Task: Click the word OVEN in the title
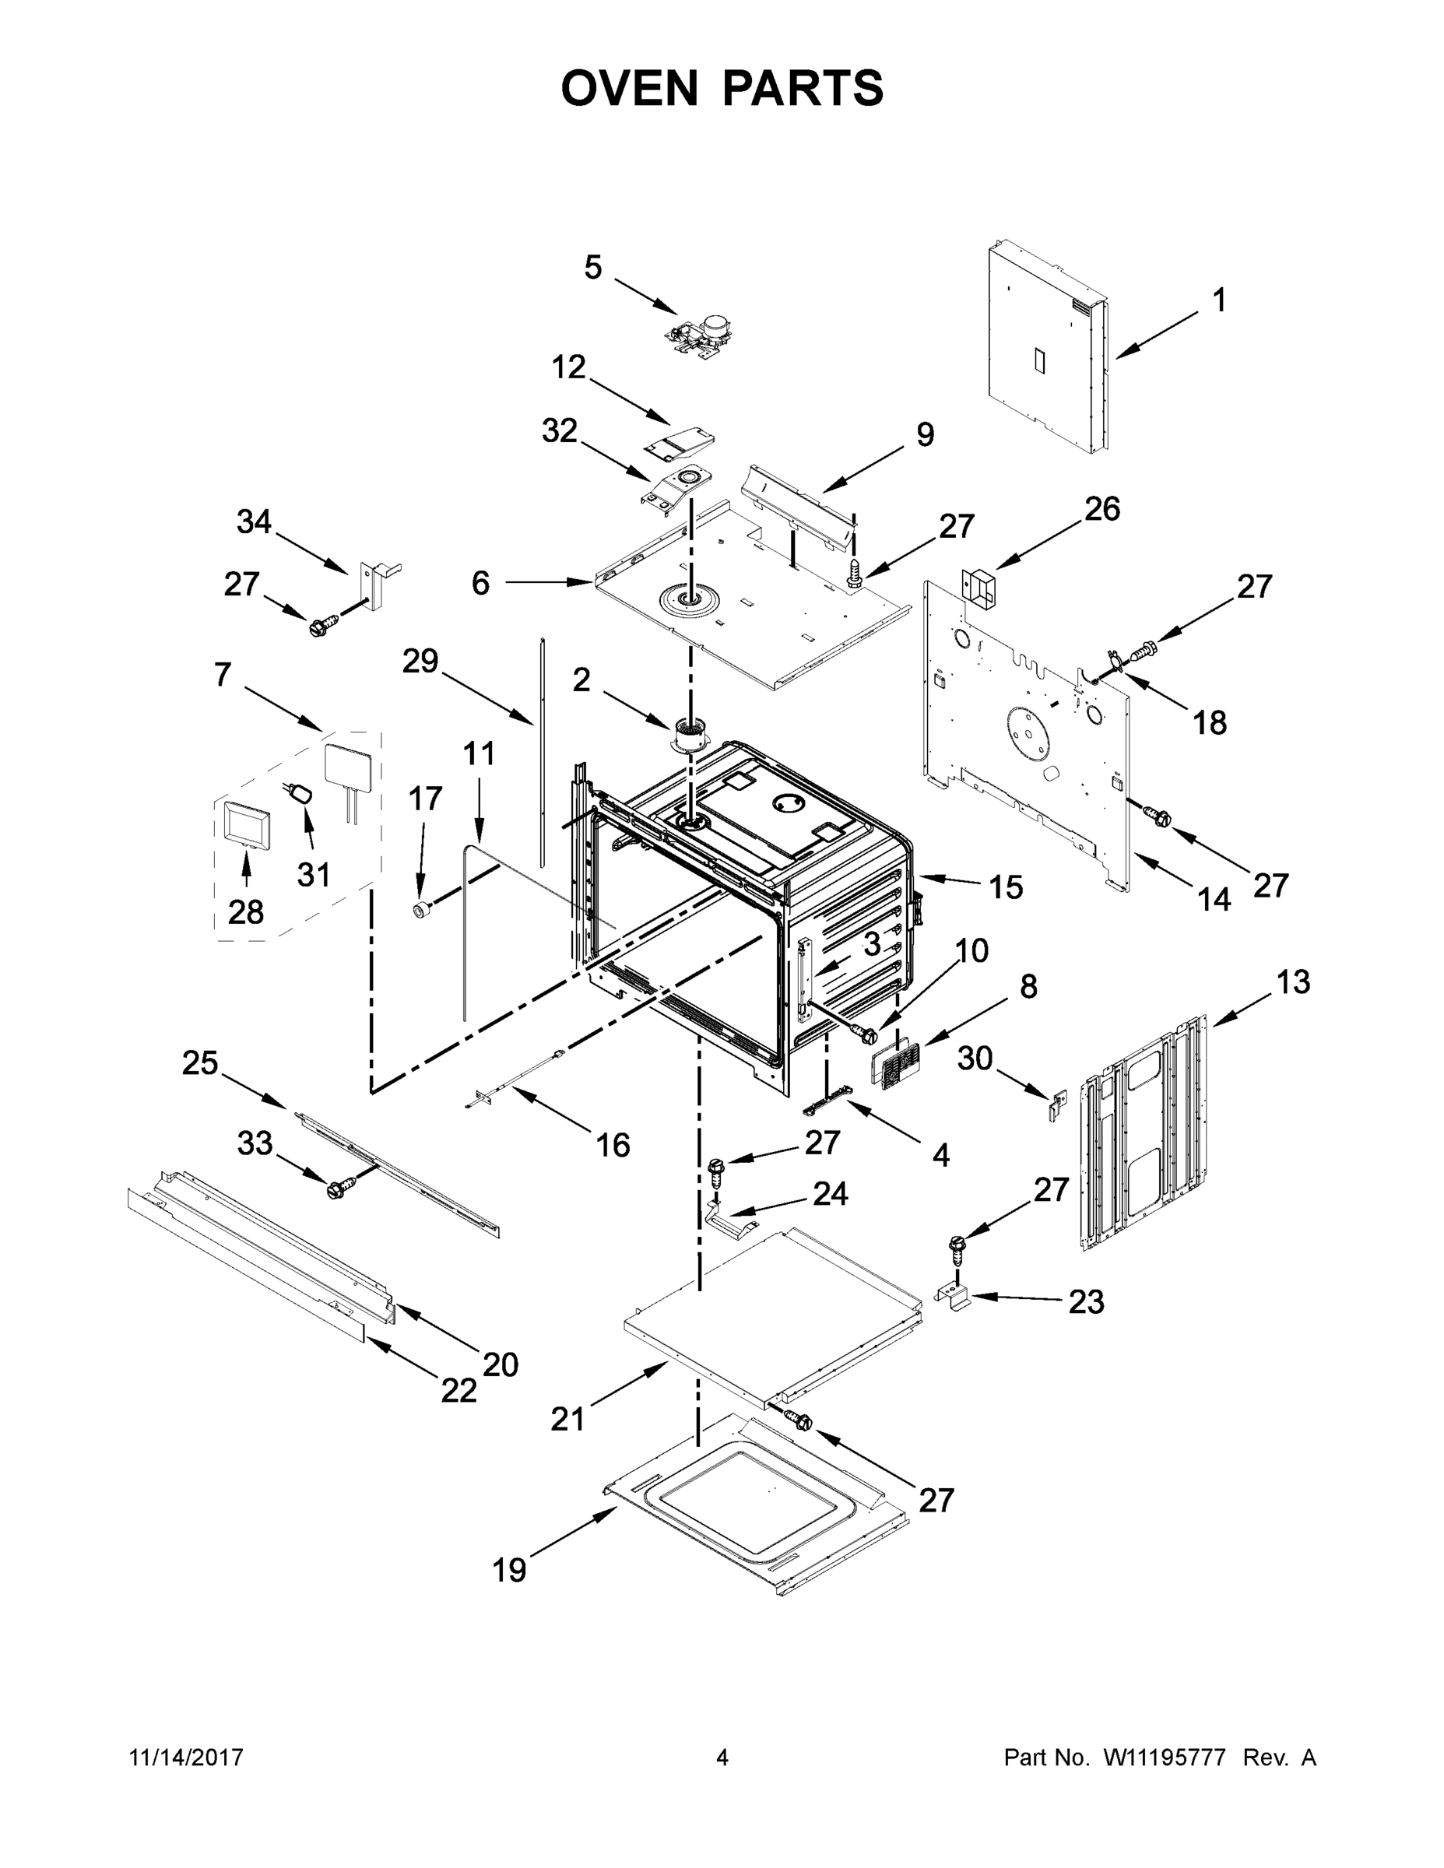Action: click(630, 88)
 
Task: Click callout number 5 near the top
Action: click(593, 268)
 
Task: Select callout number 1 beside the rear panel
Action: click(1219, 300)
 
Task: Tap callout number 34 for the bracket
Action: click(254, 521)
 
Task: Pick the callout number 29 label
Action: click(420, 660)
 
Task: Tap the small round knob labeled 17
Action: click(420, 909)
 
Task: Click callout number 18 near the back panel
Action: click(1210, 723)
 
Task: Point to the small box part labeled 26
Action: click(980, 588)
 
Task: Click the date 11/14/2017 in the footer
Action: click(187, 1757)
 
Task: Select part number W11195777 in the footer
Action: click(1165, 1757)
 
